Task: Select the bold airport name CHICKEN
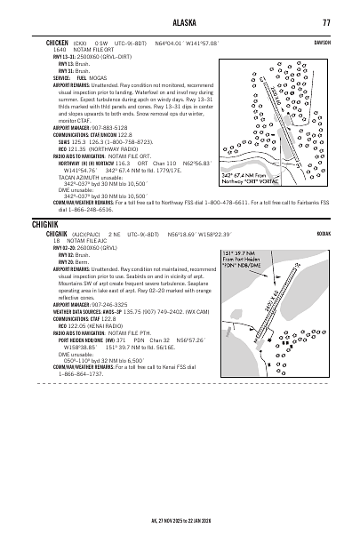(x=59, y=41)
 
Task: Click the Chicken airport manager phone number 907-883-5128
(x=117, y=126)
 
